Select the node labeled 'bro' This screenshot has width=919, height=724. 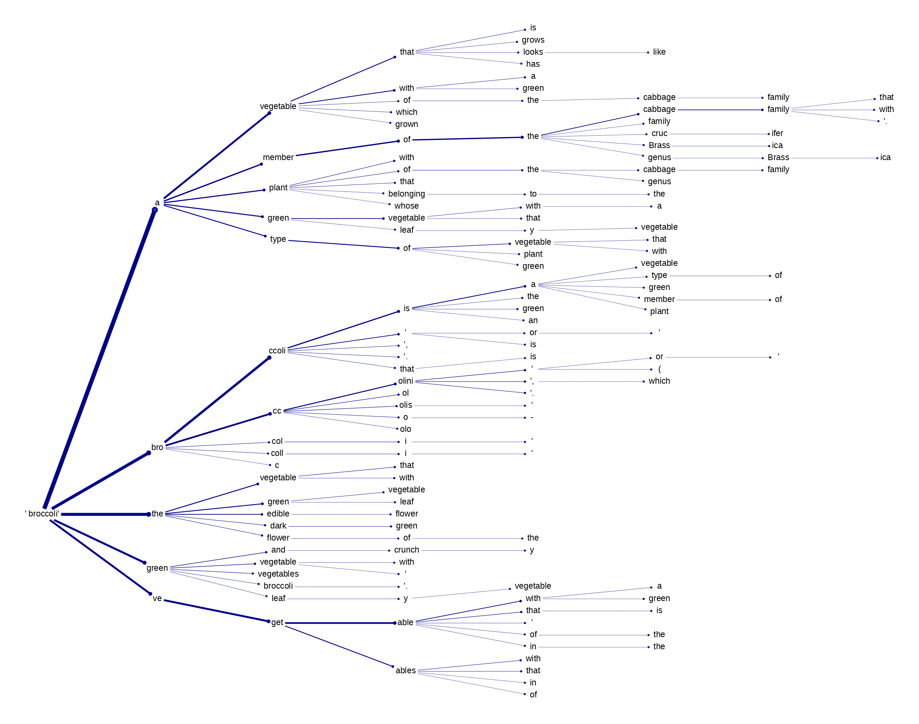(157, 447)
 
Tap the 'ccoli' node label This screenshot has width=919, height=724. (277, 351)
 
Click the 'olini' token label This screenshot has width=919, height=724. (405, 381)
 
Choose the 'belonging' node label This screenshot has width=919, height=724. (406, 194)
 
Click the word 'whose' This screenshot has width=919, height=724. (406, 206)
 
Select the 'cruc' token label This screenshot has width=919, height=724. (659, 133)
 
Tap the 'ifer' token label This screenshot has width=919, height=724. (777, 133)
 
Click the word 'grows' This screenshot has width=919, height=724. (533, 40)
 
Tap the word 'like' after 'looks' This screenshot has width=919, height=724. (659, 52)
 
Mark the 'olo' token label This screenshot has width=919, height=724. (405, 429)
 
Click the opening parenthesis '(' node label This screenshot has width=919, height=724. (659, 369)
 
